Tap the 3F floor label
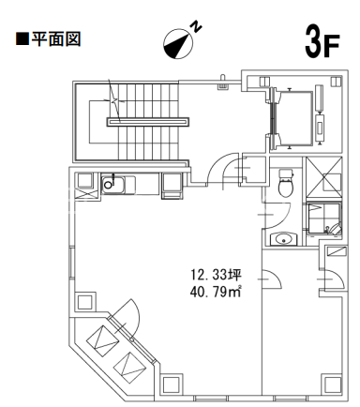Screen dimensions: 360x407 [x=322, y=43]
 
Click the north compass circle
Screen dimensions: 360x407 [x=177, y=43]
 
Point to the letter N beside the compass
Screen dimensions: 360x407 [x=196, y=26]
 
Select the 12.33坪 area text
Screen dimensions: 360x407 [x=216, y=275]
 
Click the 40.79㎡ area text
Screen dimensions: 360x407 [x=216, y=292]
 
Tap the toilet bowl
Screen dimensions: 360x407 [x=286, y=183]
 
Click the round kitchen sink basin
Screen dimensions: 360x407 [x=108, y=185]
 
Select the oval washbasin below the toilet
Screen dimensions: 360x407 [x=284, y=239]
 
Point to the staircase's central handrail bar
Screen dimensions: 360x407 [x=148, y=122]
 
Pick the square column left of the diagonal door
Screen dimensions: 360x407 [x=85, y=302]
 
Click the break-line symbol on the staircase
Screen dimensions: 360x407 [x=114, y=100]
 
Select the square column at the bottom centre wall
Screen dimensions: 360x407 [x=172, y=384]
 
